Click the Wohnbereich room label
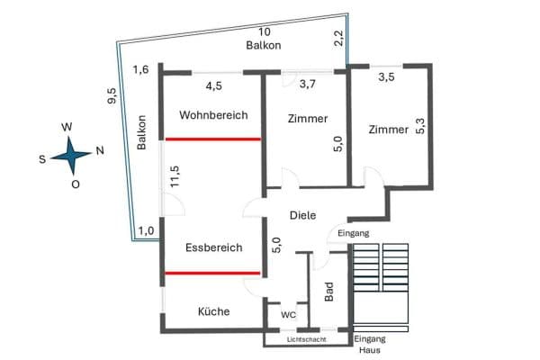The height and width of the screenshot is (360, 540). point(212,115)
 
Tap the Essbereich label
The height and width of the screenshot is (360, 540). point(213,247)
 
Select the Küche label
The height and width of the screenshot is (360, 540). point(213,311)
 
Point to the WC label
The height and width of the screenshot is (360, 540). point(288,315)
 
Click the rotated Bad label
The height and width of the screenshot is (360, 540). point(329,290)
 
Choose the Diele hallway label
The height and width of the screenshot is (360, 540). point(302,216)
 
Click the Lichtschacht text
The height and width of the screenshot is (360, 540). point(306,339)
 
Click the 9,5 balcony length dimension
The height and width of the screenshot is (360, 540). point(112,96)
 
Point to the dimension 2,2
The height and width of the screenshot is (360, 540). point(338,38)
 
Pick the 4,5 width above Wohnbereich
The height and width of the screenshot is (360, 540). point(214,86)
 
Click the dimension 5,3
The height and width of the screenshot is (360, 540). point(418,124)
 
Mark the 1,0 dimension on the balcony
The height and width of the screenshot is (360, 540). point(146,230)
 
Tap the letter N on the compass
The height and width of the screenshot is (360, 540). point(99,149)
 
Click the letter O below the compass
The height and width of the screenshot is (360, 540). point(76,184)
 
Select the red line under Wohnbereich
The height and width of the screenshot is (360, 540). point(212,139)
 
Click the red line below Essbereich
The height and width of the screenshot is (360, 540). point(212,272)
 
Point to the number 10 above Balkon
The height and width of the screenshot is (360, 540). point(265,31)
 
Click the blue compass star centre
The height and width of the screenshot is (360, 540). point(70,157)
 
